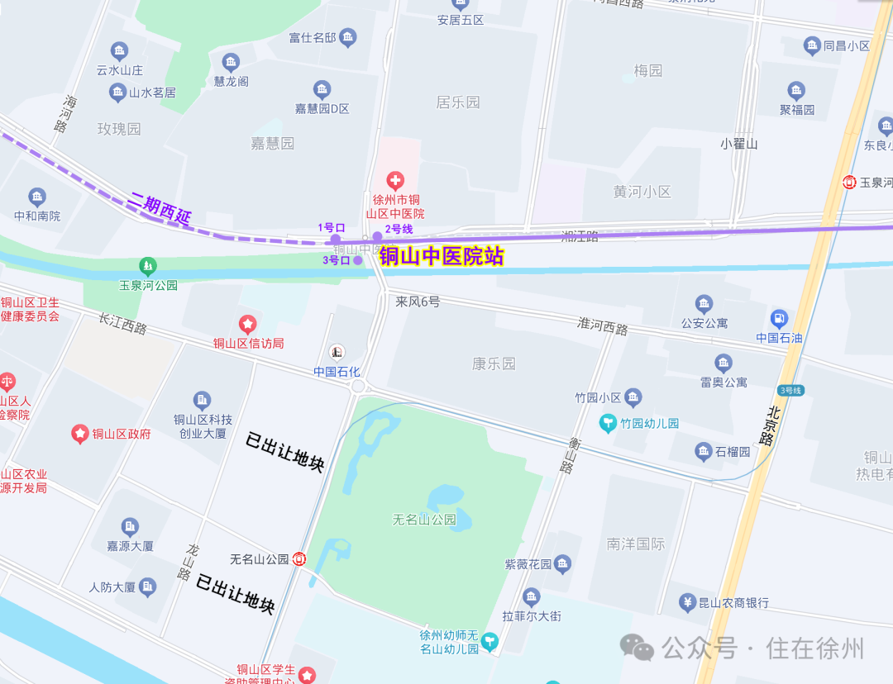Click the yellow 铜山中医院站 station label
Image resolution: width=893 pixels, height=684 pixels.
442,257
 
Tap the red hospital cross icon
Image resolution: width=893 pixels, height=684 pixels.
396,181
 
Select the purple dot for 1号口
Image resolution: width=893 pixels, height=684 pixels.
336,240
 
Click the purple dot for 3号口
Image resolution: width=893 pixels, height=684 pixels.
358,260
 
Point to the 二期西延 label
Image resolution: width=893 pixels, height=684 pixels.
160,209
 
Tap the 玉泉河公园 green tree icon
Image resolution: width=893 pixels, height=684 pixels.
148,266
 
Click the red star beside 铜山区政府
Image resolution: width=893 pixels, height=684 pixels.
80,433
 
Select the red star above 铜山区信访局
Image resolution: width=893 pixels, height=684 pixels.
247,325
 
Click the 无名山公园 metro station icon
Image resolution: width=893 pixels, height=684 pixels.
299,559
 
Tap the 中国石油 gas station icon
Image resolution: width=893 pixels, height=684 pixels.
779,319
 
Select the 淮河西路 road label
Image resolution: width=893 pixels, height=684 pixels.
602,327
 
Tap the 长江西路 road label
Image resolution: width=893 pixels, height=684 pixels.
122,324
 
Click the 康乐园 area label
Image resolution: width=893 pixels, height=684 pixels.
494,363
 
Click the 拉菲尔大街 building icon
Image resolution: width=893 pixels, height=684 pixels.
532,597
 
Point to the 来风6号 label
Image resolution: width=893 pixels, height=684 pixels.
418,302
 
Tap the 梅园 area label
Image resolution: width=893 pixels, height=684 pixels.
648,71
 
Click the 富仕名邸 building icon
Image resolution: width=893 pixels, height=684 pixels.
348,37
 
